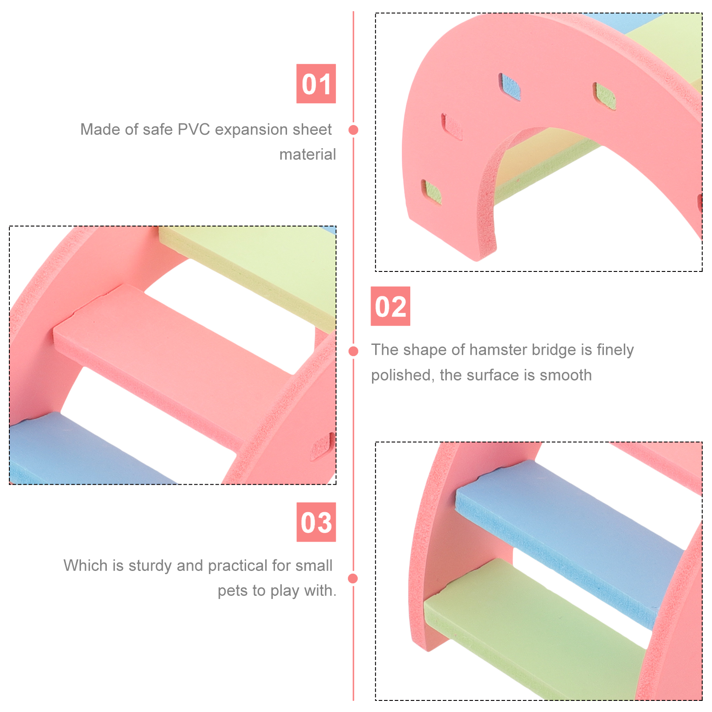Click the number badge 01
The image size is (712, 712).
pos(316,84)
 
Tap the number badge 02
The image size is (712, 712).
pos(390,306)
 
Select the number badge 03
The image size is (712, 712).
pos(316,522)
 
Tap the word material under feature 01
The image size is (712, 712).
pos(307,154)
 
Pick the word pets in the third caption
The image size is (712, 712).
pos(233,591)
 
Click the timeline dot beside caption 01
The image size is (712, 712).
pos(353,130)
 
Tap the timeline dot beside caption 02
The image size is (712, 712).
pos(353,351)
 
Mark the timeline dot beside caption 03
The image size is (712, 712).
pos(353,578)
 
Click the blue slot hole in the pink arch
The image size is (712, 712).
pos(510,86)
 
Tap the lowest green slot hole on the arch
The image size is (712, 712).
pos(431,192)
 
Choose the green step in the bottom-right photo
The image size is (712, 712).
pos(534,632)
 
